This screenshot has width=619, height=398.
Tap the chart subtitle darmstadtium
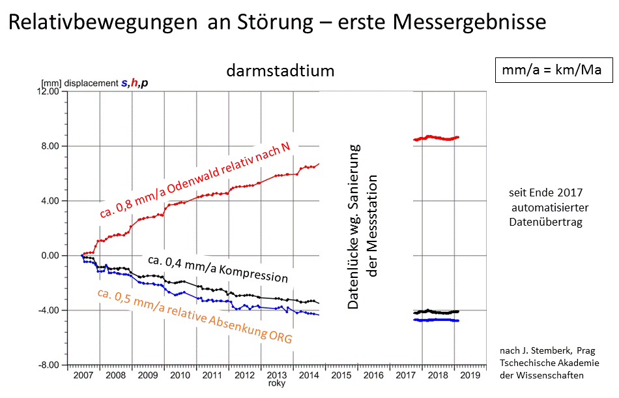tap(280, 70)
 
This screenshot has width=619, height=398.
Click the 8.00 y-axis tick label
tap(51, 146)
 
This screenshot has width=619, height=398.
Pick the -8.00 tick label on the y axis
tap(50, 365)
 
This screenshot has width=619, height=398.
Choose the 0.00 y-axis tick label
tap(51, 256)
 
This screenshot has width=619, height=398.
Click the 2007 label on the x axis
tap(84, 376)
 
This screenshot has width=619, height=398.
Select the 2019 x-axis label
tap(470, 376)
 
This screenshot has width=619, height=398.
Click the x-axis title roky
tap(277, 384)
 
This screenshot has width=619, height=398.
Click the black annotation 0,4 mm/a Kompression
tap(218, 269)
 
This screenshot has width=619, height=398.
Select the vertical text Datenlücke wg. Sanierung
tap(354, 225)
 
